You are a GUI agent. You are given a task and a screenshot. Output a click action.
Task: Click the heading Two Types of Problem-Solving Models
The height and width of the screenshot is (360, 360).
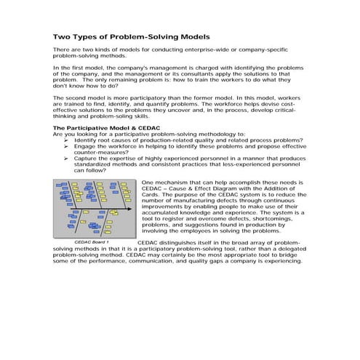(x=132, y=36)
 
